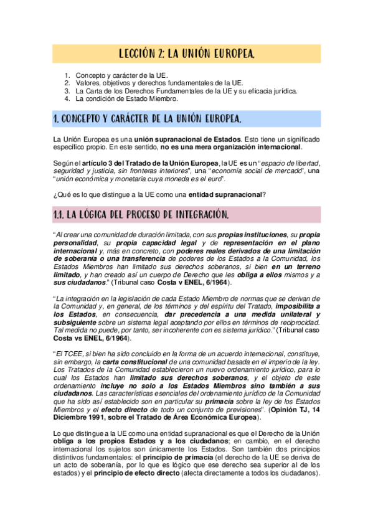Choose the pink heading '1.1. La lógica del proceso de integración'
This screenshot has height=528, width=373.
141,215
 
